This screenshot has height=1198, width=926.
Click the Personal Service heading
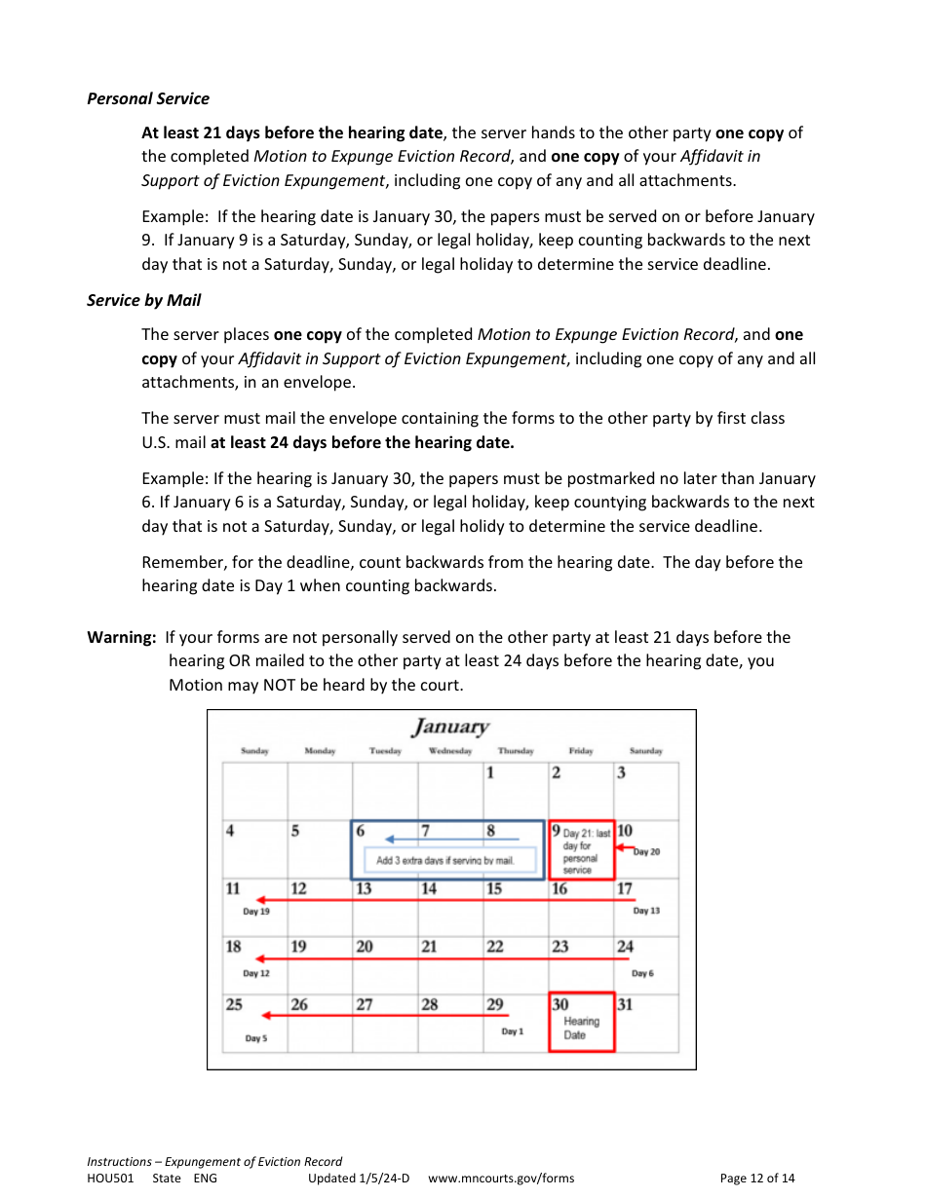tap(147, 98)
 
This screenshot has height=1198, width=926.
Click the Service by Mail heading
tap(143, 300)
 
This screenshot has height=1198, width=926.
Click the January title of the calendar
tap(450, 727)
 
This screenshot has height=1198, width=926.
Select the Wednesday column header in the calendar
tap(450, 751)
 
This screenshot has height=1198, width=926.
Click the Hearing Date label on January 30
tap(581, 1028)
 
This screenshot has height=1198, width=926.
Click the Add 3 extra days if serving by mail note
tap(444, 860)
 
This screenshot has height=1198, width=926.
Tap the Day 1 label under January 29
tap(512, 1031)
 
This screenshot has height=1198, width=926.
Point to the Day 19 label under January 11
tap(256, 912)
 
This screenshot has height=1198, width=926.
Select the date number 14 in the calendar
tap(429, 888)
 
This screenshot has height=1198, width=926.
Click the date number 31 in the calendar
tap(625, 1004)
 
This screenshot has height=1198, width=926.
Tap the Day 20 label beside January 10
tap(646, 852)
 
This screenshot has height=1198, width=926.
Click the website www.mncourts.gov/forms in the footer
tap(501, 1179)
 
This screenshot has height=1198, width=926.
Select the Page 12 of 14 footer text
tap(756, 1179)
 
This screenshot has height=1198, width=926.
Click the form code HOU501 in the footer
tap(110, 1179)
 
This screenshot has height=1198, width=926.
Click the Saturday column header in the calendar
tap(645, 751)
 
